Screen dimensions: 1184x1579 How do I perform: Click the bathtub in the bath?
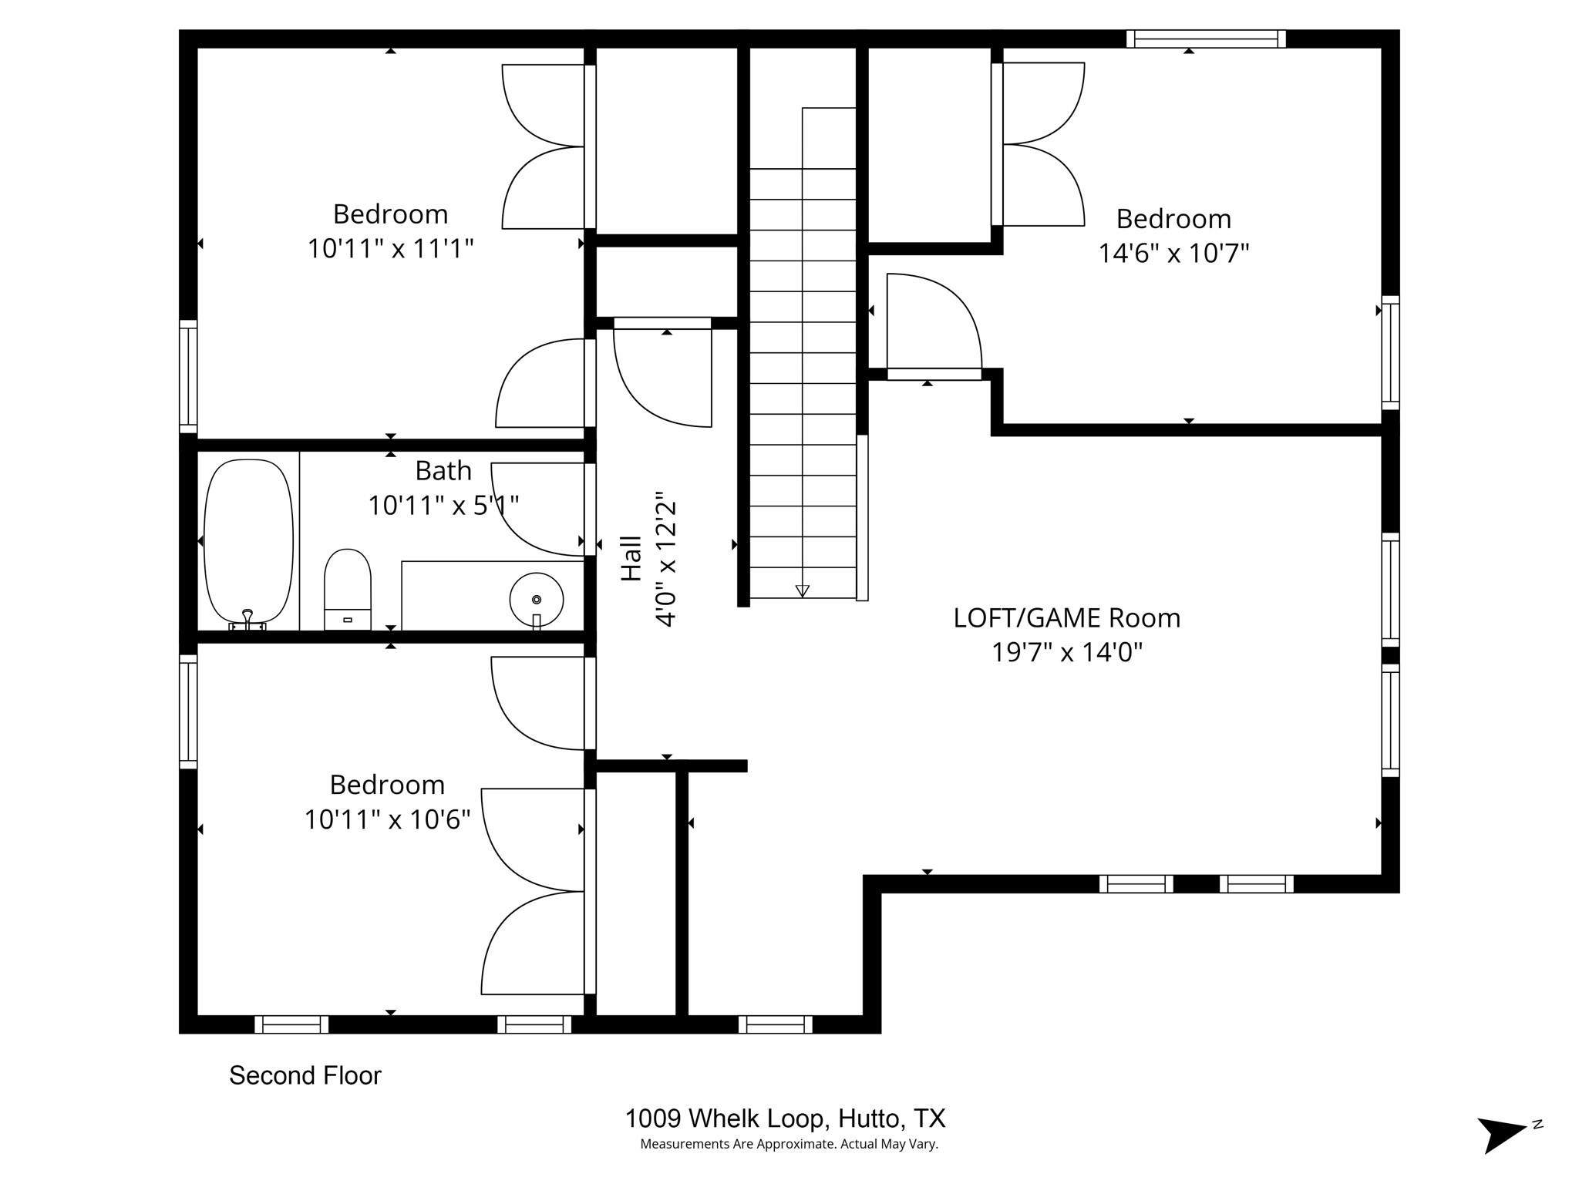pos(248,541)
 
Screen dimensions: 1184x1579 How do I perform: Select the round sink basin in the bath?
pos(537,599)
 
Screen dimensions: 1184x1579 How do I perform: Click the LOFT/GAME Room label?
pos(1066,618)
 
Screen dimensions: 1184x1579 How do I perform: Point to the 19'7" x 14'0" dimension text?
pos(1066,653)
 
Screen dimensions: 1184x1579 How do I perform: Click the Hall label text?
pos(631,558)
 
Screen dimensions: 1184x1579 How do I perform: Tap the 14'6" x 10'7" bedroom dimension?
pos(1173,253)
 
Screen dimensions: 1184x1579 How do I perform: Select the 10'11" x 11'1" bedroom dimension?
pos(390,248)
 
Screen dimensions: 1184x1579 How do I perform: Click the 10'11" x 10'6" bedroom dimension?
pos(387,819)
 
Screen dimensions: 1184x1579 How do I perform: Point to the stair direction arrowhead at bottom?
pos(803,590)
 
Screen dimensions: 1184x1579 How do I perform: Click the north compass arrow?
pos(1500,1135)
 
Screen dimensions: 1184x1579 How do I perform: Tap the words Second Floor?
pos(305,1075)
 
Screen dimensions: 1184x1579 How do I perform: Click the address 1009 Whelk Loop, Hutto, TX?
pos(785,1118)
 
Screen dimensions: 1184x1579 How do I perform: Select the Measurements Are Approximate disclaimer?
pos(789,1144)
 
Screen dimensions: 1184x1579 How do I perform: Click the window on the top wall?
pos(1206,39)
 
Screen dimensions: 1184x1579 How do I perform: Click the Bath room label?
pos(443,470)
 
